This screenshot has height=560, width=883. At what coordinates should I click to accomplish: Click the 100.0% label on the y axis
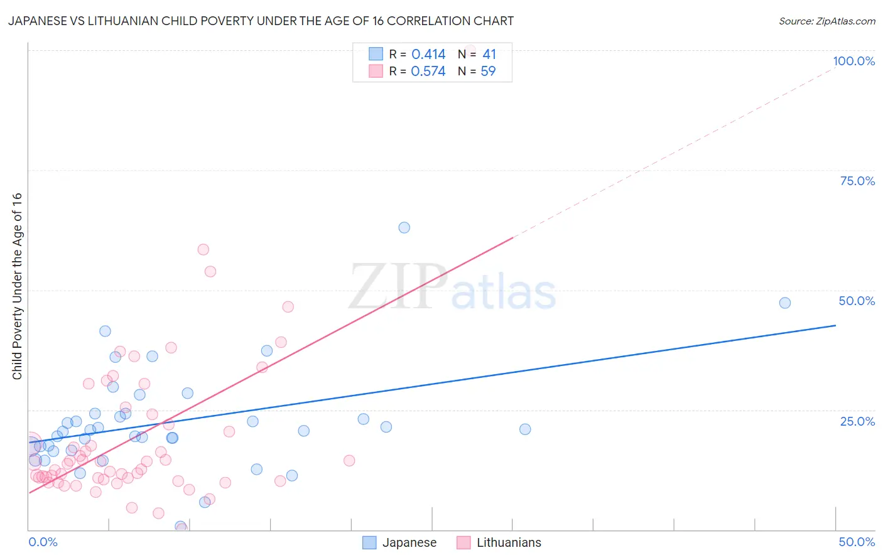853,61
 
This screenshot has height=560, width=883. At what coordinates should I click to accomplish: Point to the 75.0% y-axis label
857,181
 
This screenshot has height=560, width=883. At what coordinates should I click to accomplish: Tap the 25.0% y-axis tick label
857,421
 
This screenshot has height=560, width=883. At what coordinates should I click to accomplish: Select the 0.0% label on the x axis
43,542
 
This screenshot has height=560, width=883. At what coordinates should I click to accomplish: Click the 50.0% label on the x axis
857,542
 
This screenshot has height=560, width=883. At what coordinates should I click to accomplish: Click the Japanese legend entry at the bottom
409,542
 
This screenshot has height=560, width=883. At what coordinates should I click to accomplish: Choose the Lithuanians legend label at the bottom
509,542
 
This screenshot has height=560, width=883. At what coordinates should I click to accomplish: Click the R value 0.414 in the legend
428,55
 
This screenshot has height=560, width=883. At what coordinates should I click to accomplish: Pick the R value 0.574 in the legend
428,72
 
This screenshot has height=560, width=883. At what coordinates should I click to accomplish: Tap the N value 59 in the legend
488,72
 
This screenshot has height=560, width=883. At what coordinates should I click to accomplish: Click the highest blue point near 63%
404,227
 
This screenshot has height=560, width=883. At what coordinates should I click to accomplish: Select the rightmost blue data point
785,303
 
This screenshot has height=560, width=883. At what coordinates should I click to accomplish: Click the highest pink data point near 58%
203,249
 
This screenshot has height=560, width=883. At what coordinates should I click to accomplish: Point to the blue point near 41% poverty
105,331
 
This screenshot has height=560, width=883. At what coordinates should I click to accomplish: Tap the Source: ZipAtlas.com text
826,21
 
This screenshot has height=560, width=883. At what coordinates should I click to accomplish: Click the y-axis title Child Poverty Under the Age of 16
17,286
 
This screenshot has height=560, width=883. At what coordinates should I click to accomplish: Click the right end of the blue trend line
835,325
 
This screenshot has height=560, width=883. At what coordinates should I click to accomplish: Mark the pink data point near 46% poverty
288,306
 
